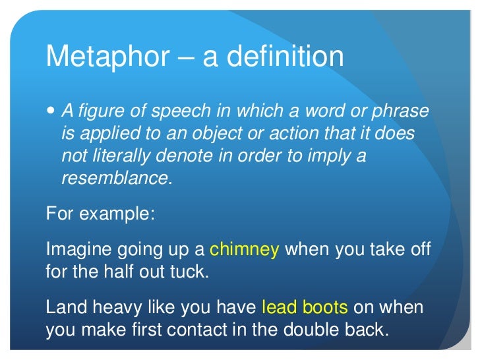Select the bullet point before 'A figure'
point(52,111)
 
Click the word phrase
point(398,112)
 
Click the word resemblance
point(116,179)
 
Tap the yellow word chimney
point(245,250)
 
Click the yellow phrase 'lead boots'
point(305,307)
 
